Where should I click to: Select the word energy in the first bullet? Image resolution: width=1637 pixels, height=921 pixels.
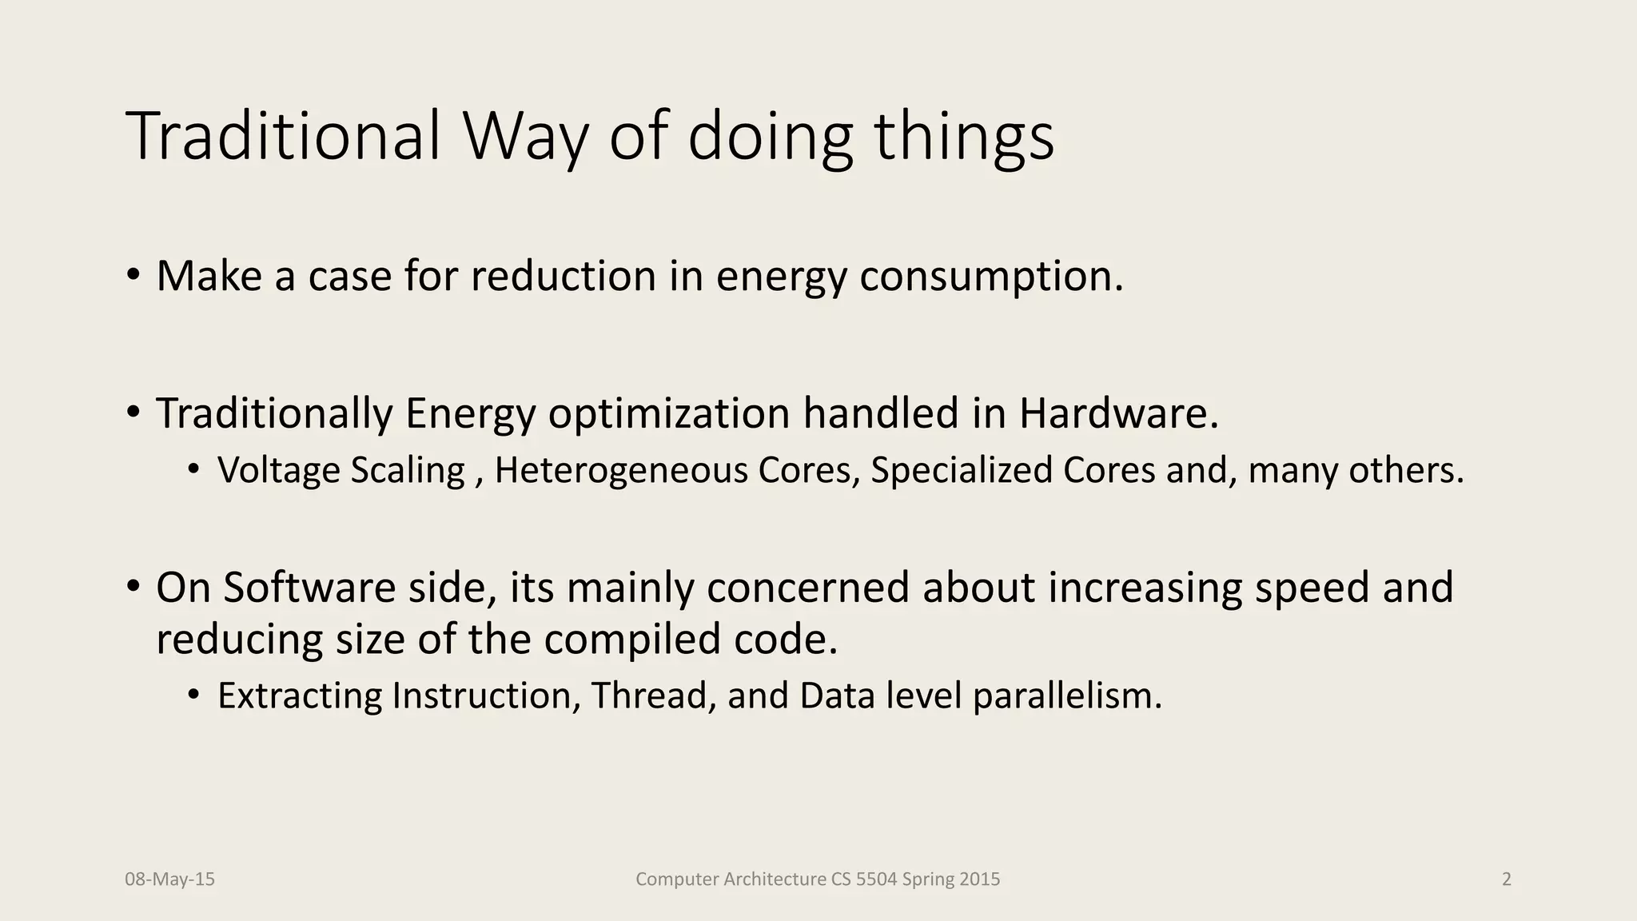(x=781, y=277)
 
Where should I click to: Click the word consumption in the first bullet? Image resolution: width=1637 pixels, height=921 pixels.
(x=991, y=277)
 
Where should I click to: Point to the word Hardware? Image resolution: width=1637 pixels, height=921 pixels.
(x=1118, y=414)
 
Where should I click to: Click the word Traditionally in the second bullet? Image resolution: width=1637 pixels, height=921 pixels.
(x=274, y=414)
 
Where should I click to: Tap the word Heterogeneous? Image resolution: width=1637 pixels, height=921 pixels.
(x=621, y=470)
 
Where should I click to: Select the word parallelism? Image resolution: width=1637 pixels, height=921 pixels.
(x=1067, y=696)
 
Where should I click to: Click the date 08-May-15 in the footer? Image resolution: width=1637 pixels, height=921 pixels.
(x=169, y=879)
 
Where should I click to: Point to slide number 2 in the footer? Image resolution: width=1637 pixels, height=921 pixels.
(x=1507, y=879)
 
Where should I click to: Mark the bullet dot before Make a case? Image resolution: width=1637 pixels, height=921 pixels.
(x=133, y=277)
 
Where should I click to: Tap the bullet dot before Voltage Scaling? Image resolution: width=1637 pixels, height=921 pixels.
(x=193, y=470)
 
